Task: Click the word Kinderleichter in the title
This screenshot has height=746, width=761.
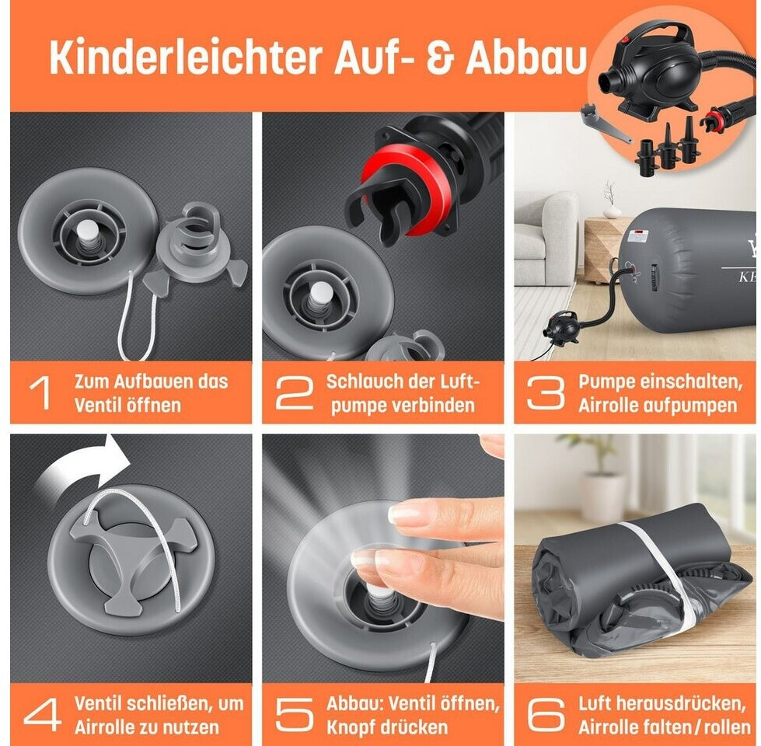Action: tap(186, 58)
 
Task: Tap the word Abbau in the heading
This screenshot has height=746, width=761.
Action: tap(526, 58)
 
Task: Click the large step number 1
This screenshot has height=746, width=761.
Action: tap(40, 393)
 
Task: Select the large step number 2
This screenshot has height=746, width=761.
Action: tap(294, 393)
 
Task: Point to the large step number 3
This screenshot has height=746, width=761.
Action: tap(546, 393)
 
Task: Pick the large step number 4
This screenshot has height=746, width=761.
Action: tap(43, 714)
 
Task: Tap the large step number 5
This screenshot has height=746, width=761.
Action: tap(294, 714)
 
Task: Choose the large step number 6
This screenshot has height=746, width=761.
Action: tap(546, 714)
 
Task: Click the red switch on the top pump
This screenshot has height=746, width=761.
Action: tap(626, 40)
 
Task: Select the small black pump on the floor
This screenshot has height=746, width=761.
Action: tap(561, 326)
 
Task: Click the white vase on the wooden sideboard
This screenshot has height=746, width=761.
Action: tap(612, 211)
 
